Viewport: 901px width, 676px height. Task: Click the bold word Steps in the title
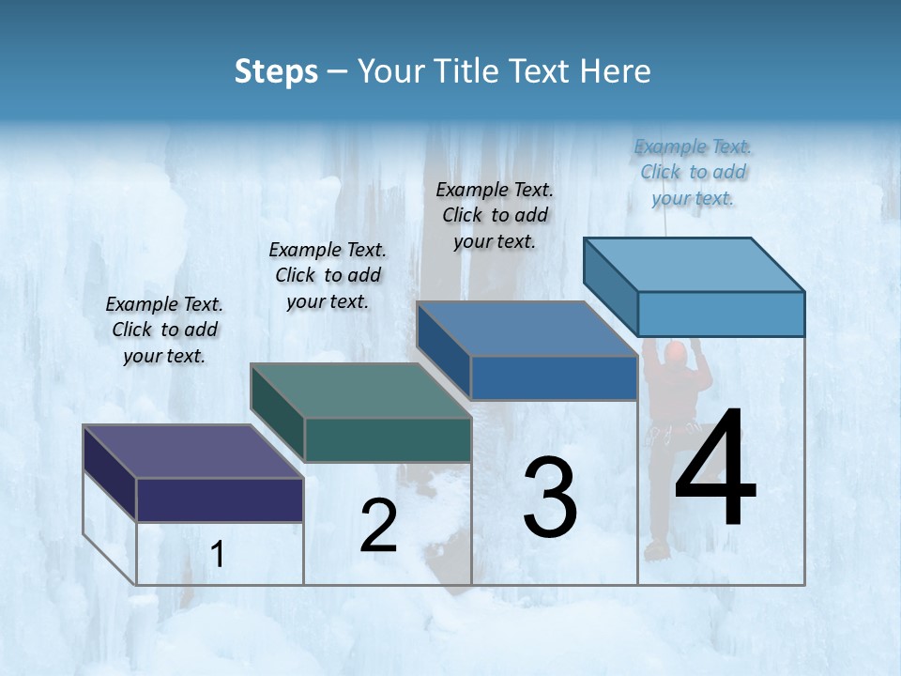point(276,71)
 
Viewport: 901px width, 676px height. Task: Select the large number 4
point(715,469)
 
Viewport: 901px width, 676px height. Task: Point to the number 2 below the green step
point(378,526)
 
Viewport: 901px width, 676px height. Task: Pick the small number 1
point(218,555)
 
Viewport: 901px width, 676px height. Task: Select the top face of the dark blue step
point(527,329)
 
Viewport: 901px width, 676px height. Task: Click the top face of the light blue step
point(694,265)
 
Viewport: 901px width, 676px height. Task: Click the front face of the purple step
point(220,499)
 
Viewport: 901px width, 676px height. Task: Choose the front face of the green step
point(387,439)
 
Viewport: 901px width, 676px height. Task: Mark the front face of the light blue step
point(721,314)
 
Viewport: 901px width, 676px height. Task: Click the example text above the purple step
point(164,330)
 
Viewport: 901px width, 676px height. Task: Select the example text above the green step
point(328,275)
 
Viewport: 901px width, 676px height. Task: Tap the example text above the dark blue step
point(495,215)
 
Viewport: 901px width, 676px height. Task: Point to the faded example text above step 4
point(693,172)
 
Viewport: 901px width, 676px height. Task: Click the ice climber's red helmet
point(676,352)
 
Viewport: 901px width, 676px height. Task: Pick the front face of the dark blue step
point(554,377)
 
